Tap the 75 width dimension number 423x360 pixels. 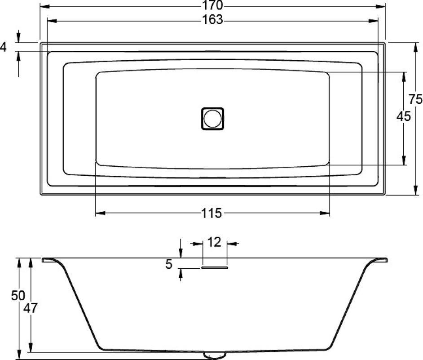(415, 99)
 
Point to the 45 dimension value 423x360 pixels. (404, 117)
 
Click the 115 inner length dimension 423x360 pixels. (212, 213)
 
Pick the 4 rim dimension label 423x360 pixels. (4, 47)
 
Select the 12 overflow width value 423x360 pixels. (215, 243)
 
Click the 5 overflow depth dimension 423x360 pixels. (168, 264)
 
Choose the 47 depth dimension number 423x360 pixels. (31, 308)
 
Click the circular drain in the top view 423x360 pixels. (212, 118)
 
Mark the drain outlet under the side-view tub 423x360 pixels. (215, 355)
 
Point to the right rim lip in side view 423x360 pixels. (382, 260)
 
